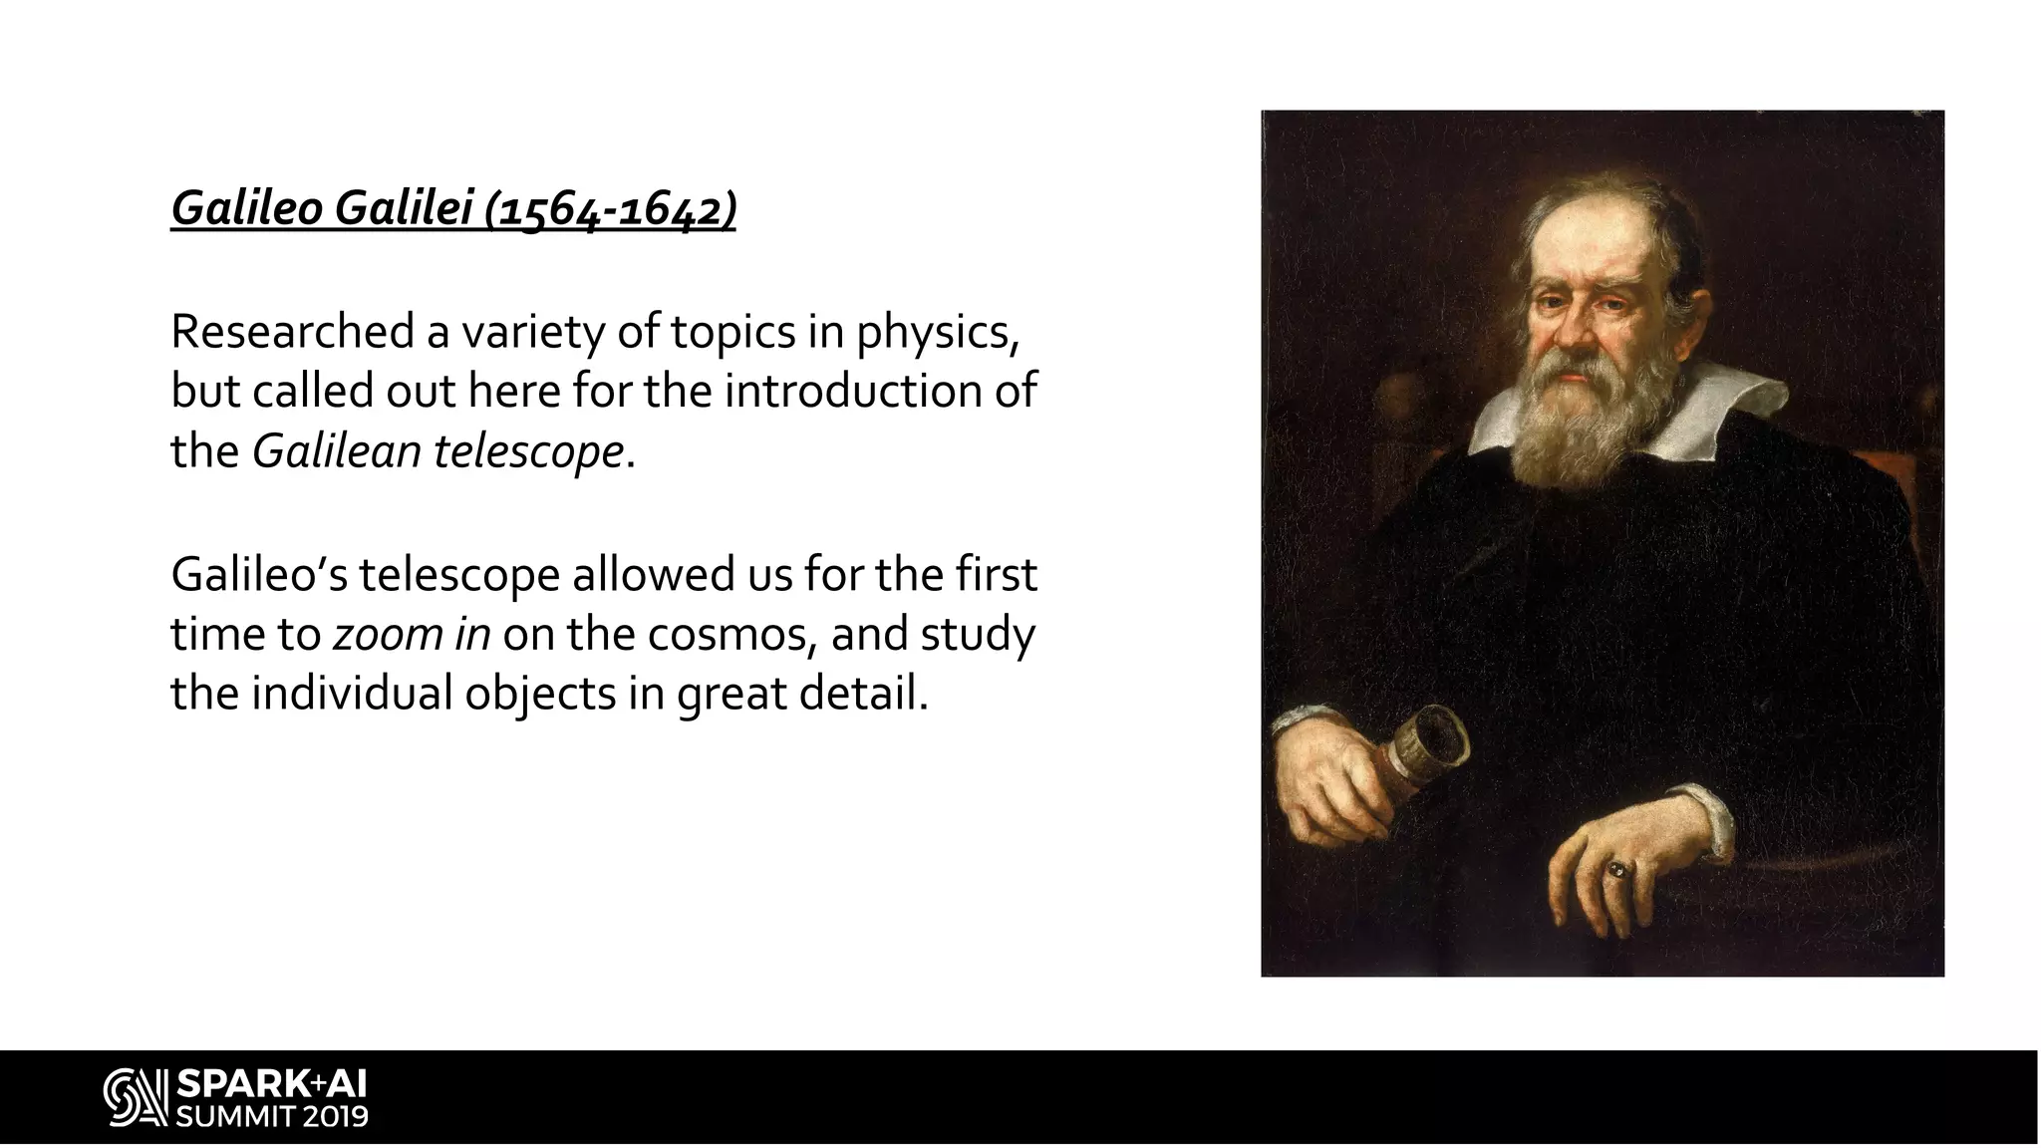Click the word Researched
point(292,331)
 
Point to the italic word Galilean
point(337,451)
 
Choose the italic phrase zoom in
point(411,634)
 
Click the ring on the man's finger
point(1616,869)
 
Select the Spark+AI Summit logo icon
point(135,1098)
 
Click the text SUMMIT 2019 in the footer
point(271,1115)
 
